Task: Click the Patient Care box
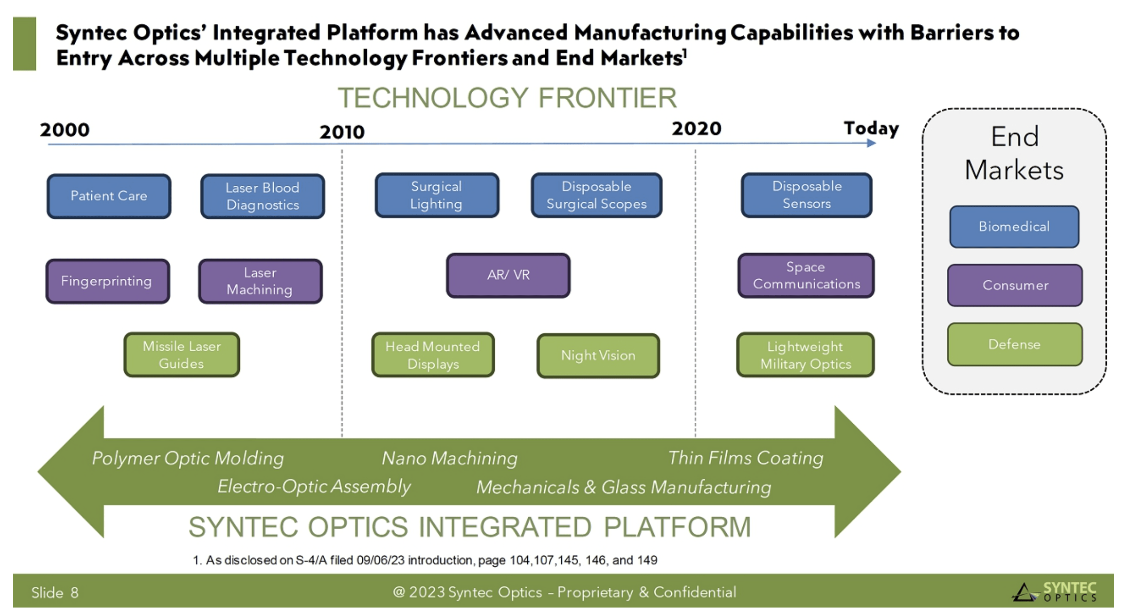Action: click(109, 196)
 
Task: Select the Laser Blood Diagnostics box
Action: click(262, 196)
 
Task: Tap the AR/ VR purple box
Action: click(508, 275)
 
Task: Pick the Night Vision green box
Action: click(598, 355)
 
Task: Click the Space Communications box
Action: click(806, 276)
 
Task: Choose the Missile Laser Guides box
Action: click(182, 355)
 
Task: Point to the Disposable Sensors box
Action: click(806, 195)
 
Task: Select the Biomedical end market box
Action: click(1014, 227)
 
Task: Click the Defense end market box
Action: click(1015, 344)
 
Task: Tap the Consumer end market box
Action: click(1015, 285)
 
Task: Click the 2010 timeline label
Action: click(342, 132)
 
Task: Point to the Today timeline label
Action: click(871, 128)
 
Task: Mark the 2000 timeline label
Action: click(64, 130)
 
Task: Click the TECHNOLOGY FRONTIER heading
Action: click(507, 98)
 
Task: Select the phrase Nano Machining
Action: click(449, 458)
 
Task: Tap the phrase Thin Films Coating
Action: click(746, 458)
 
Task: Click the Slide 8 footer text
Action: click(55, 592)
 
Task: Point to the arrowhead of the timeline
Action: click(871, 143)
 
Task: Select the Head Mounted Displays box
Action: click(433, 355)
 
